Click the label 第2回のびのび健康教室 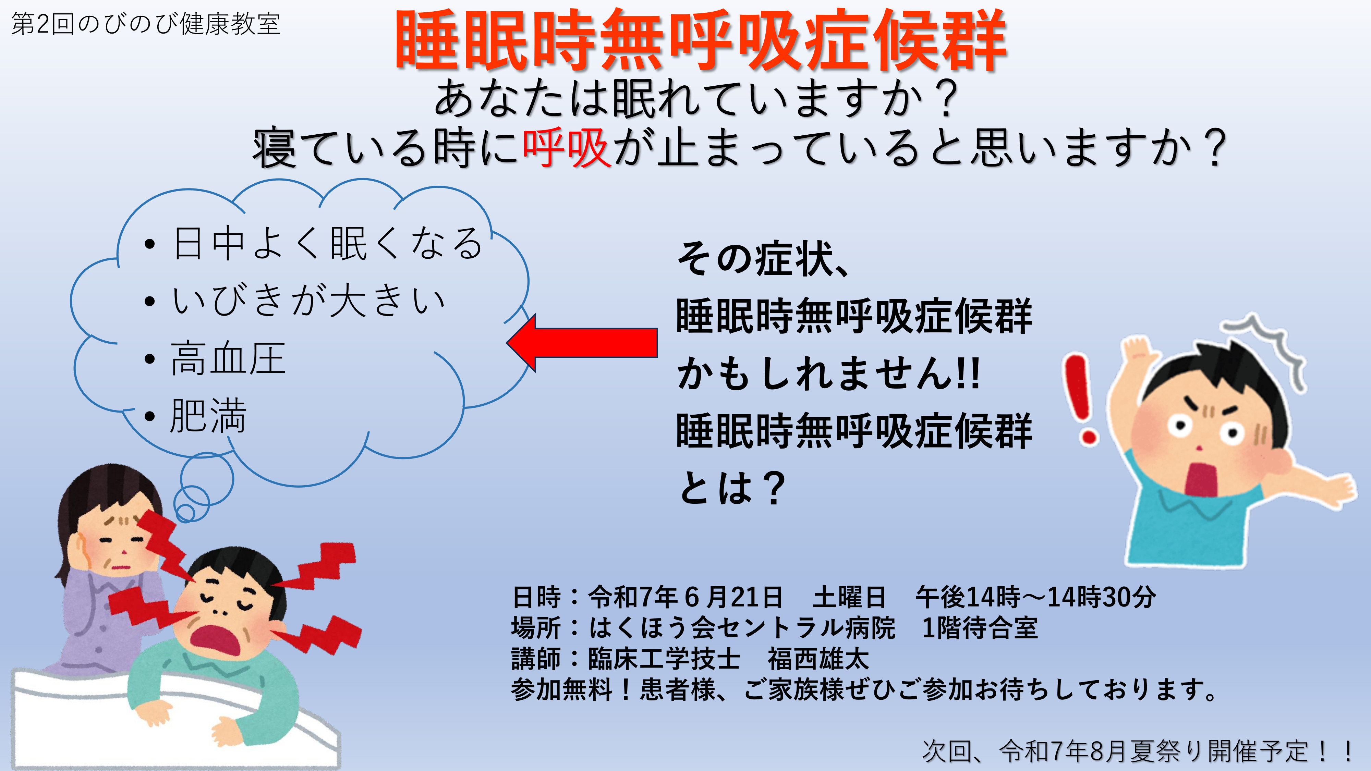(146, 24)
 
